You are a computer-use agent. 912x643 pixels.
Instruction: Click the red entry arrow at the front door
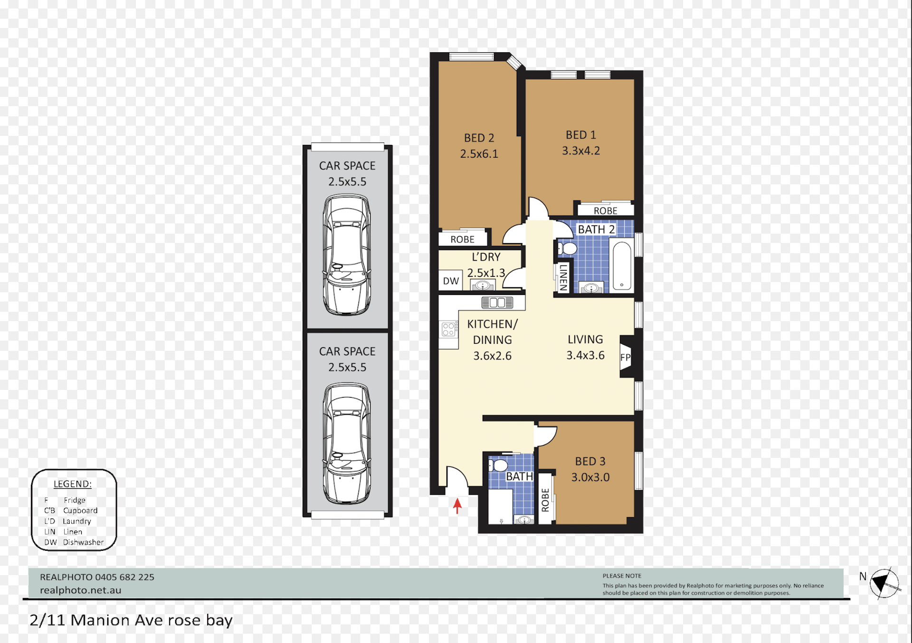[457, 506]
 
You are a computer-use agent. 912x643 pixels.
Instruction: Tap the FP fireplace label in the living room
[625, 358]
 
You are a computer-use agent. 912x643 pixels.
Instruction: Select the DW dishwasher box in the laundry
[450, 281]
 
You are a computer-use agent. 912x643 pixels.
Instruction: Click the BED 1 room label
[580, 135]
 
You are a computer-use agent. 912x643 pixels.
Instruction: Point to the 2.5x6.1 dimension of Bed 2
[479, 154]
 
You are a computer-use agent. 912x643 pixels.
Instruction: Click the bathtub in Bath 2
[622, 265]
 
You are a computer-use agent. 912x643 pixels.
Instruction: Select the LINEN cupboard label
[563, 277]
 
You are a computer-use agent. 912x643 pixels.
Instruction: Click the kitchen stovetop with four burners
[448, 329]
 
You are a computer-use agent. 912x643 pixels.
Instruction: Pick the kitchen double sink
[497, 303]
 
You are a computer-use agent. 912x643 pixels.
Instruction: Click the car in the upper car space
[347, 255]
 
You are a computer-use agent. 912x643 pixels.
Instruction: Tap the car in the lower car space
[347, 444]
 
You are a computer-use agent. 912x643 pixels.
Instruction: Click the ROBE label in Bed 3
[545, 500]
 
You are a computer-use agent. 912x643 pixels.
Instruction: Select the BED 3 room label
[590, 461]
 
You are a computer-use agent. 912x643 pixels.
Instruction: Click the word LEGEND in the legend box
[72, 484]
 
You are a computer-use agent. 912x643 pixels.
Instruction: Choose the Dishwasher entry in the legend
[83, 542]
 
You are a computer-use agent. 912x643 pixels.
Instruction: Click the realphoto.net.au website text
[81, 590]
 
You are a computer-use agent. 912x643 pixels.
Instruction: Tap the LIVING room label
[585, 340]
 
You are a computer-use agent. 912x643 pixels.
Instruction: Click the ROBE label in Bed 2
[462, 239]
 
